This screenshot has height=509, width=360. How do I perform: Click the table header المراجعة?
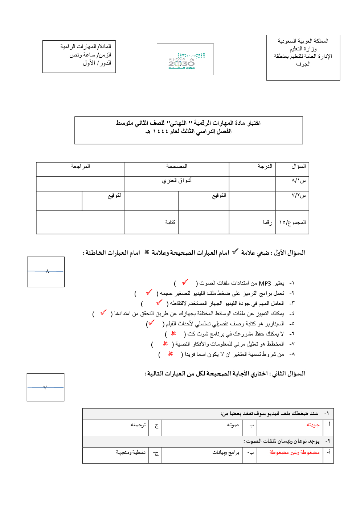click(x=81, y=166)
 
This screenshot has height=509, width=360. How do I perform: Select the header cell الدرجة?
click(x=265, y=166)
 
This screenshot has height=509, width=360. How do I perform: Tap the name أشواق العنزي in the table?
click(x=177, y=180)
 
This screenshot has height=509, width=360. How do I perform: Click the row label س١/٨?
click(x=299, y=180)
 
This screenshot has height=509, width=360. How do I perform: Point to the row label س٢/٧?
click(x=299, y=195)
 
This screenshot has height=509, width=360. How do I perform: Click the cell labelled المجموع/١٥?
click(x=292, y=222)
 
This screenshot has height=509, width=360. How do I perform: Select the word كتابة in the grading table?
click(x=170, y=222)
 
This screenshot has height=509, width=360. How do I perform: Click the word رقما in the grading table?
click(x=267, y=222)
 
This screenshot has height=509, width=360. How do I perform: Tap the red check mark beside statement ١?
click(x=185, y=282)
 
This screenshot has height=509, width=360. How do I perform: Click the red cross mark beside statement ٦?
click(x=173, y=333)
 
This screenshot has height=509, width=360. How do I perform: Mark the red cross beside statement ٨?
click(x=170, y=353)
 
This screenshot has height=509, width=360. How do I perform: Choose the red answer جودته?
click(x=313, y=425)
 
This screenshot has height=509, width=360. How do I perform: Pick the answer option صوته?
click(x=233, y=425)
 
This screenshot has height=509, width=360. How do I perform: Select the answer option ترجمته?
click(x=138, y=425)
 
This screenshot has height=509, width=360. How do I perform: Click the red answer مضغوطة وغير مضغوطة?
click(x=294, y=452)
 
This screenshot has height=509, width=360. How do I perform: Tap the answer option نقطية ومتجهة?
click(x=131, y=452)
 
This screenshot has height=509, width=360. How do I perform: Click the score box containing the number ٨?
click(x=46, y=272)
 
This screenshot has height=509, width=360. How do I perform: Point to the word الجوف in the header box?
click(x=303, y=64)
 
